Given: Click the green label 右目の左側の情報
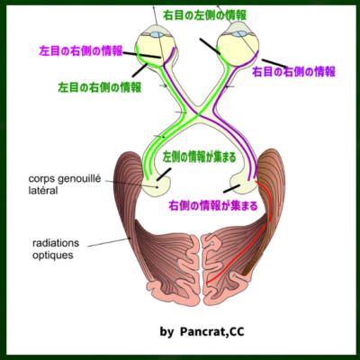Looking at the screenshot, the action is [205, 15].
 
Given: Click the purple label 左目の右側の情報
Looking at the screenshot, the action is [81, 51].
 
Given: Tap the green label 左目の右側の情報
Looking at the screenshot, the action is [100, 87].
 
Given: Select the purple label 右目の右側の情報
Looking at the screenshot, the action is [293, 72].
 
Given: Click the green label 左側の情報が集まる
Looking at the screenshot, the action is [200, 157].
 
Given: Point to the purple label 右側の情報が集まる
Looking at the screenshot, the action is [213, 206].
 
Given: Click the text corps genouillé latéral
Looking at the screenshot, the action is [65, 184].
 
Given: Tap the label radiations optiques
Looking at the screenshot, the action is [56, 249].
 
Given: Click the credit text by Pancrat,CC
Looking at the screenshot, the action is [202, 332].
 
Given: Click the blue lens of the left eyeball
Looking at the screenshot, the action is [157, 34].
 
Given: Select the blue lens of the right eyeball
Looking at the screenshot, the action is [239, 34].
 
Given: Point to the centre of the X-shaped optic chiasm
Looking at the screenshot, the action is [197, 113].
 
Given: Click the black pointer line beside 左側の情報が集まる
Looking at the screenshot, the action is [164, 175].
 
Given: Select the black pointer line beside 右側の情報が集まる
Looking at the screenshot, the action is [231, 189].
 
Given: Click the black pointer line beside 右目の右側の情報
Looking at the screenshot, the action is [274, 63].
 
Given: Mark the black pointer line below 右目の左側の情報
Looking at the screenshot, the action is [210, 47].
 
